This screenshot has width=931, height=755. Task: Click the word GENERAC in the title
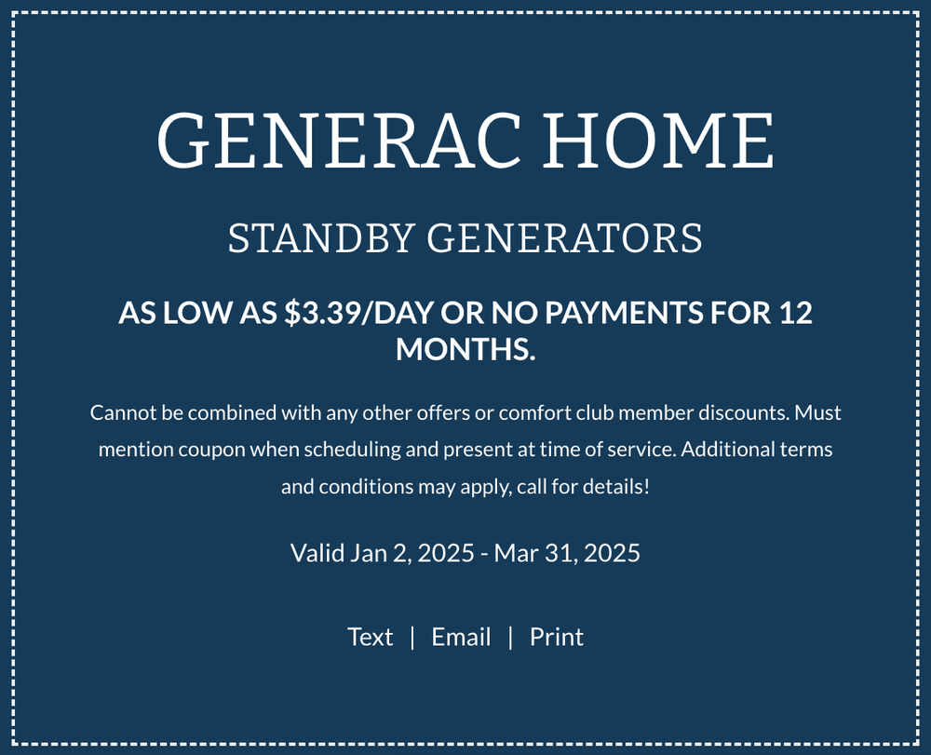click(x=339, y=141)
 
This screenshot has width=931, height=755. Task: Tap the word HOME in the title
click(x=658, y=141)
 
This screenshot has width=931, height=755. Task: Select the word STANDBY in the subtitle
click(x=320, y=238)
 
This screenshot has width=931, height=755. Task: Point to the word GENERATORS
click(x=565, y=238)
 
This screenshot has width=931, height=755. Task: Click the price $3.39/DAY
click(x=358, y=313)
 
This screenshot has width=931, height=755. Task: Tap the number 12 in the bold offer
click(x=795, y=313)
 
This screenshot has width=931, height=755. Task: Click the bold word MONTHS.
click(x=465, y=349)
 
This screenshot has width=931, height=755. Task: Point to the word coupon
click(x=211, y=450)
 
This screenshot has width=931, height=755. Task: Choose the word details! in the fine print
click(x=616, y=487)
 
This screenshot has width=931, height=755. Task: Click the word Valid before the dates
click(x=317, y=553)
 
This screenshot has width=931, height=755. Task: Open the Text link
click(x=370, y=637)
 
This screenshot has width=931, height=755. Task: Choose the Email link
click(x=461, y=637)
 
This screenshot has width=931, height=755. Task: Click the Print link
click(x=557, y=638)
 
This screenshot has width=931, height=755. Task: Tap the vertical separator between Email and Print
click(x=510, y=638)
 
